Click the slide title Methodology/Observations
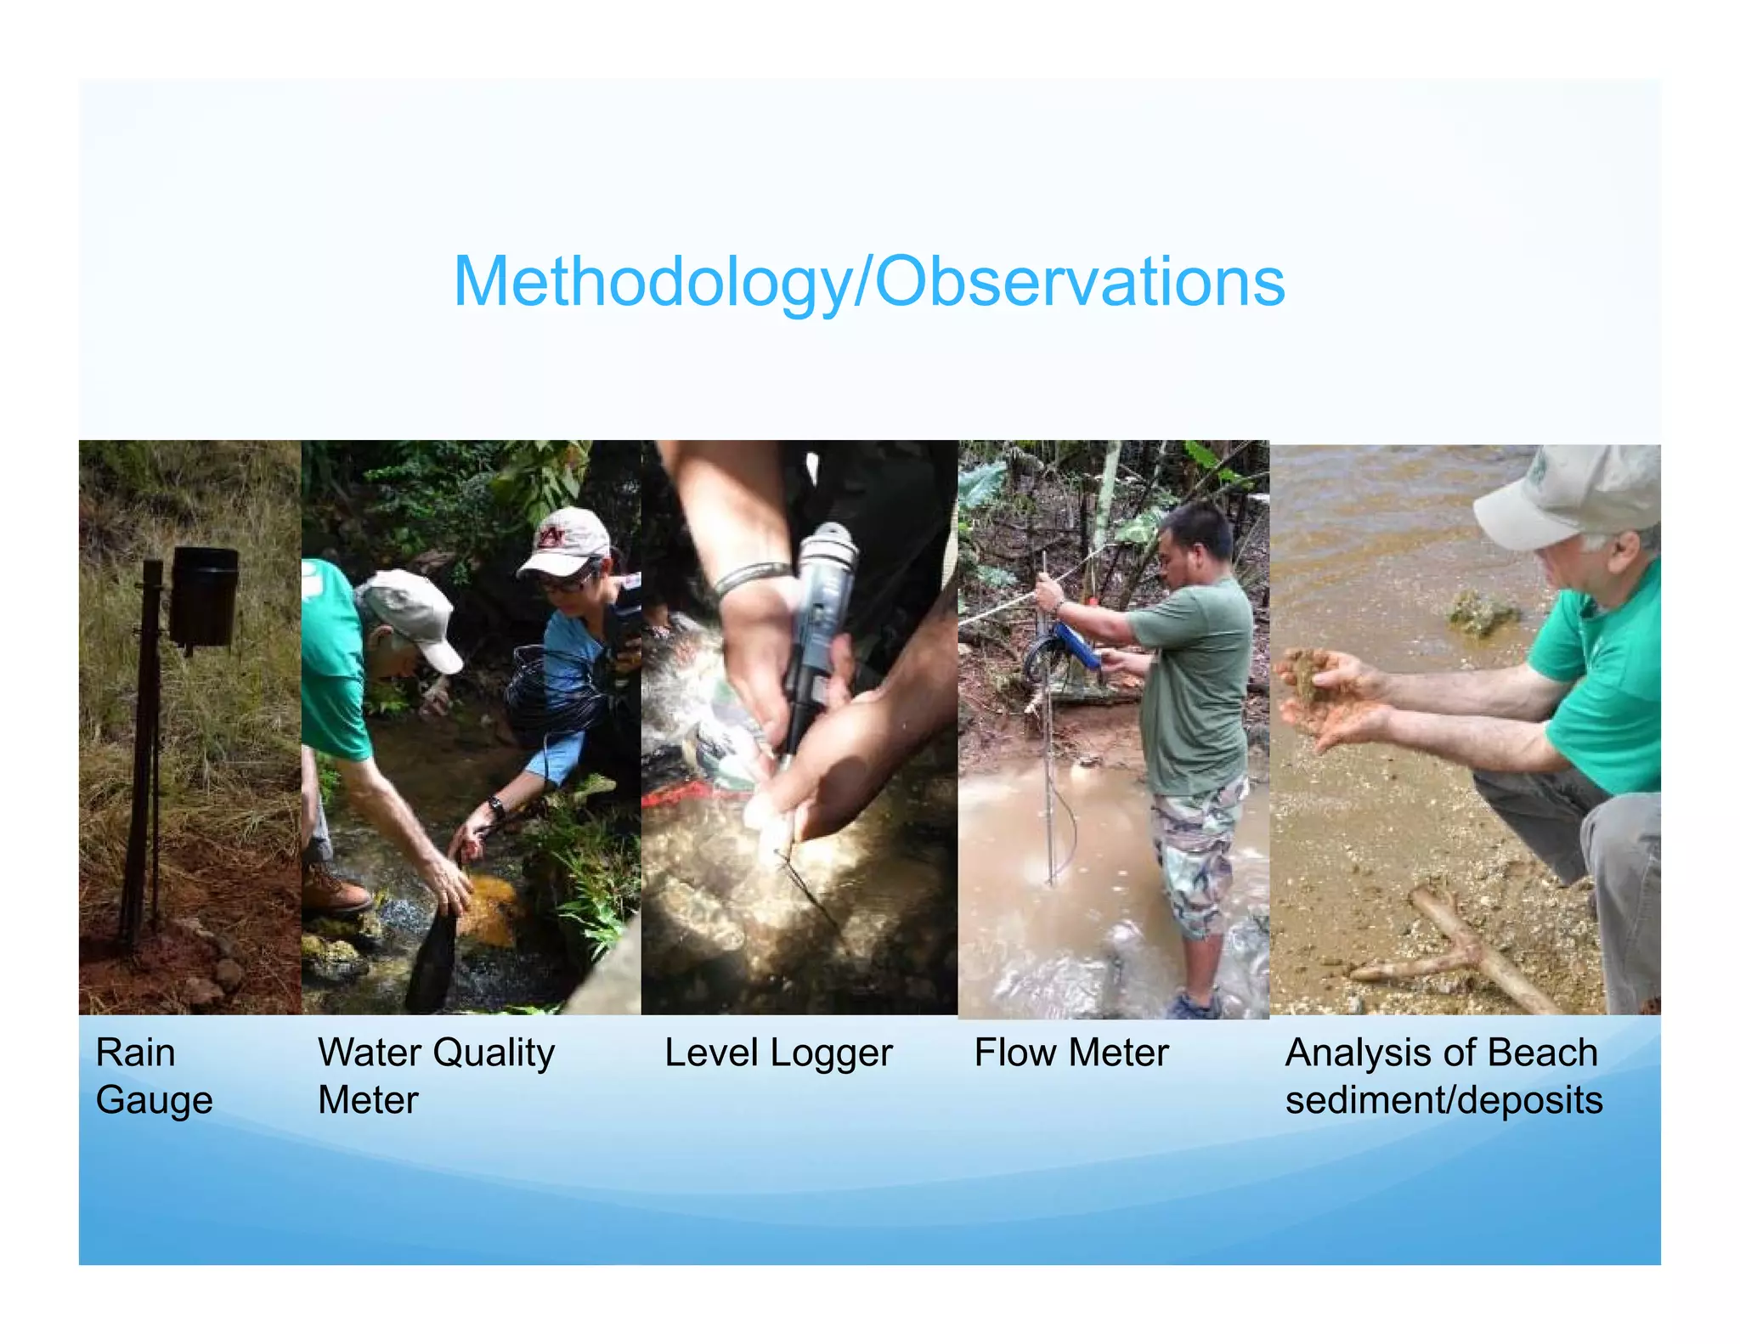tap(868, 282)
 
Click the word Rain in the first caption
tap(135, 1053)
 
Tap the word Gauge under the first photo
tap(154, 1100)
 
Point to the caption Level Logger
tap(778, 1053)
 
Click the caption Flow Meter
tap(1071, 1053)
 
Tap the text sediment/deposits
tap(1443, 1100)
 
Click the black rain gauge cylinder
tap(204, 596)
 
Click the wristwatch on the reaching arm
tap(496, 805)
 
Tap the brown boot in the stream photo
tap(335, 889)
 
